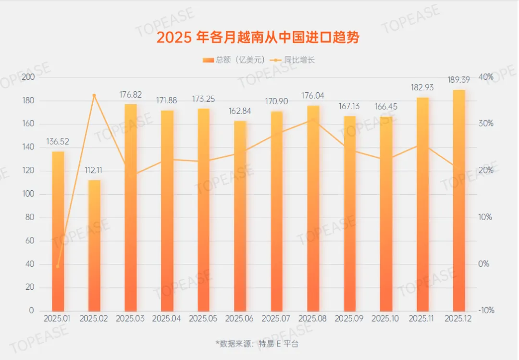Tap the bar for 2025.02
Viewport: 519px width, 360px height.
[94, 245]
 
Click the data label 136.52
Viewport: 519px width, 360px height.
[58, 142]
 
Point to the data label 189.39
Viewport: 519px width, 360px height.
[459, 80]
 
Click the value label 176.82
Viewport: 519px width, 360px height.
[131, 94]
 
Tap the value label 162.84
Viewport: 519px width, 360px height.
[240, 111]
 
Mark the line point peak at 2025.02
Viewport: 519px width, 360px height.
[94, 96]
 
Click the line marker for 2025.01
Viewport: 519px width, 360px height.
[58, 266]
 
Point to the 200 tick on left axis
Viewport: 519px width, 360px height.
[28, 77]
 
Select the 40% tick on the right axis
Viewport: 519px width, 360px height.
[486, 77]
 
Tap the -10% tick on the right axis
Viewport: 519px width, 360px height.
[486, 310]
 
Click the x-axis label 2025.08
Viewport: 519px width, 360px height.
[313, 319]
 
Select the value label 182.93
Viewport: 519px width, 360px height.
[422, 87]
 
